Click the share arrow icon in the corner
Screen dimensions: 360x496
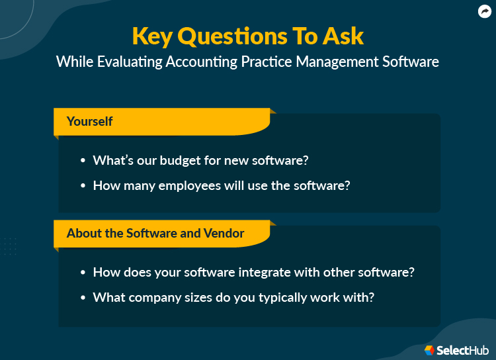[485, 11]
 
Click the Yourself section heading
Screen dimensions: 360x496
[89, 122]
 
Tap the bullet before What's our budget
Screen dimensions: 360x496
[83, 161]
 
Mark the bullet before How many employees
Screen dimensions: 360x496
[83, 186]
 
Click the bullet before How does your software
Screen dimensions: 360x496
[83, 273]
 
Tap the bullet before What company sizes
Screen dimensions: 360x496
[83, 298]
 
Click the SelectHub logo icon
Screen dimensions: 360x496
[429, 349]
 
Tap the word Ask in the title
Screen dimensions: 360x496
[341, 36]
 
